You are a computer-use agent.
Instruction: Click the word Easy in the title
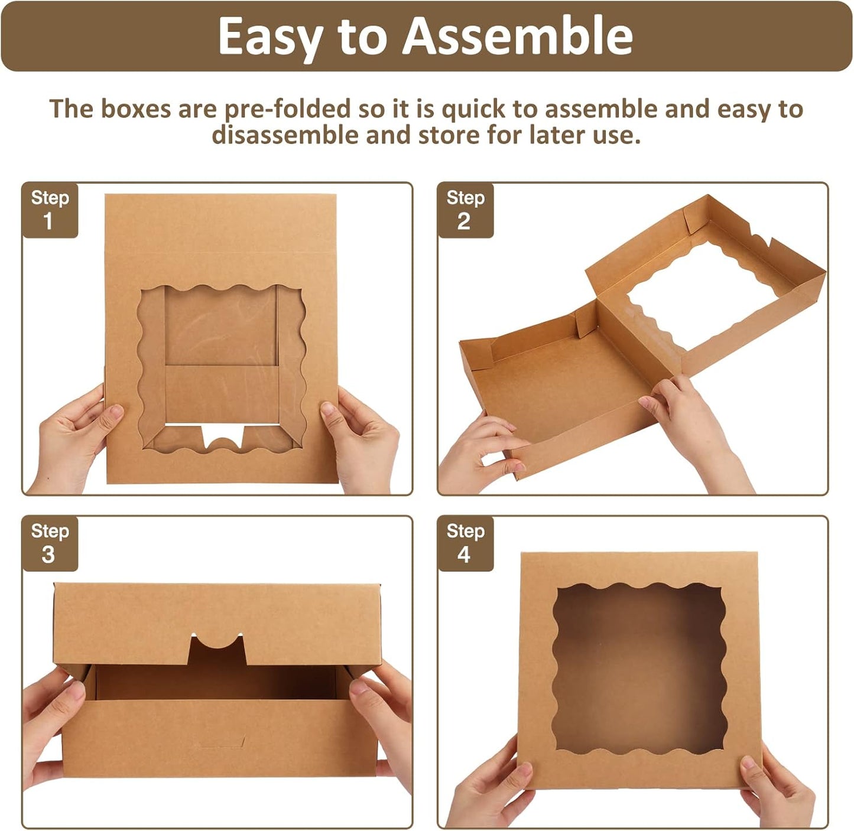coord(269,37)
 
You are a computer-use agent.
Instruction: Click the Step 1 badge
coord(50,210)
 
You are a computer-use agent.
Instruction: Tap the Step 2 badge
coord(465,210)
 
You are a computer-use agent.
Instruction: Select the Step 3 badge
coord(50,543)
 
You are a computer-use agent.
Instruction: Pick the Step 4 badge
coord(465,543)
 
